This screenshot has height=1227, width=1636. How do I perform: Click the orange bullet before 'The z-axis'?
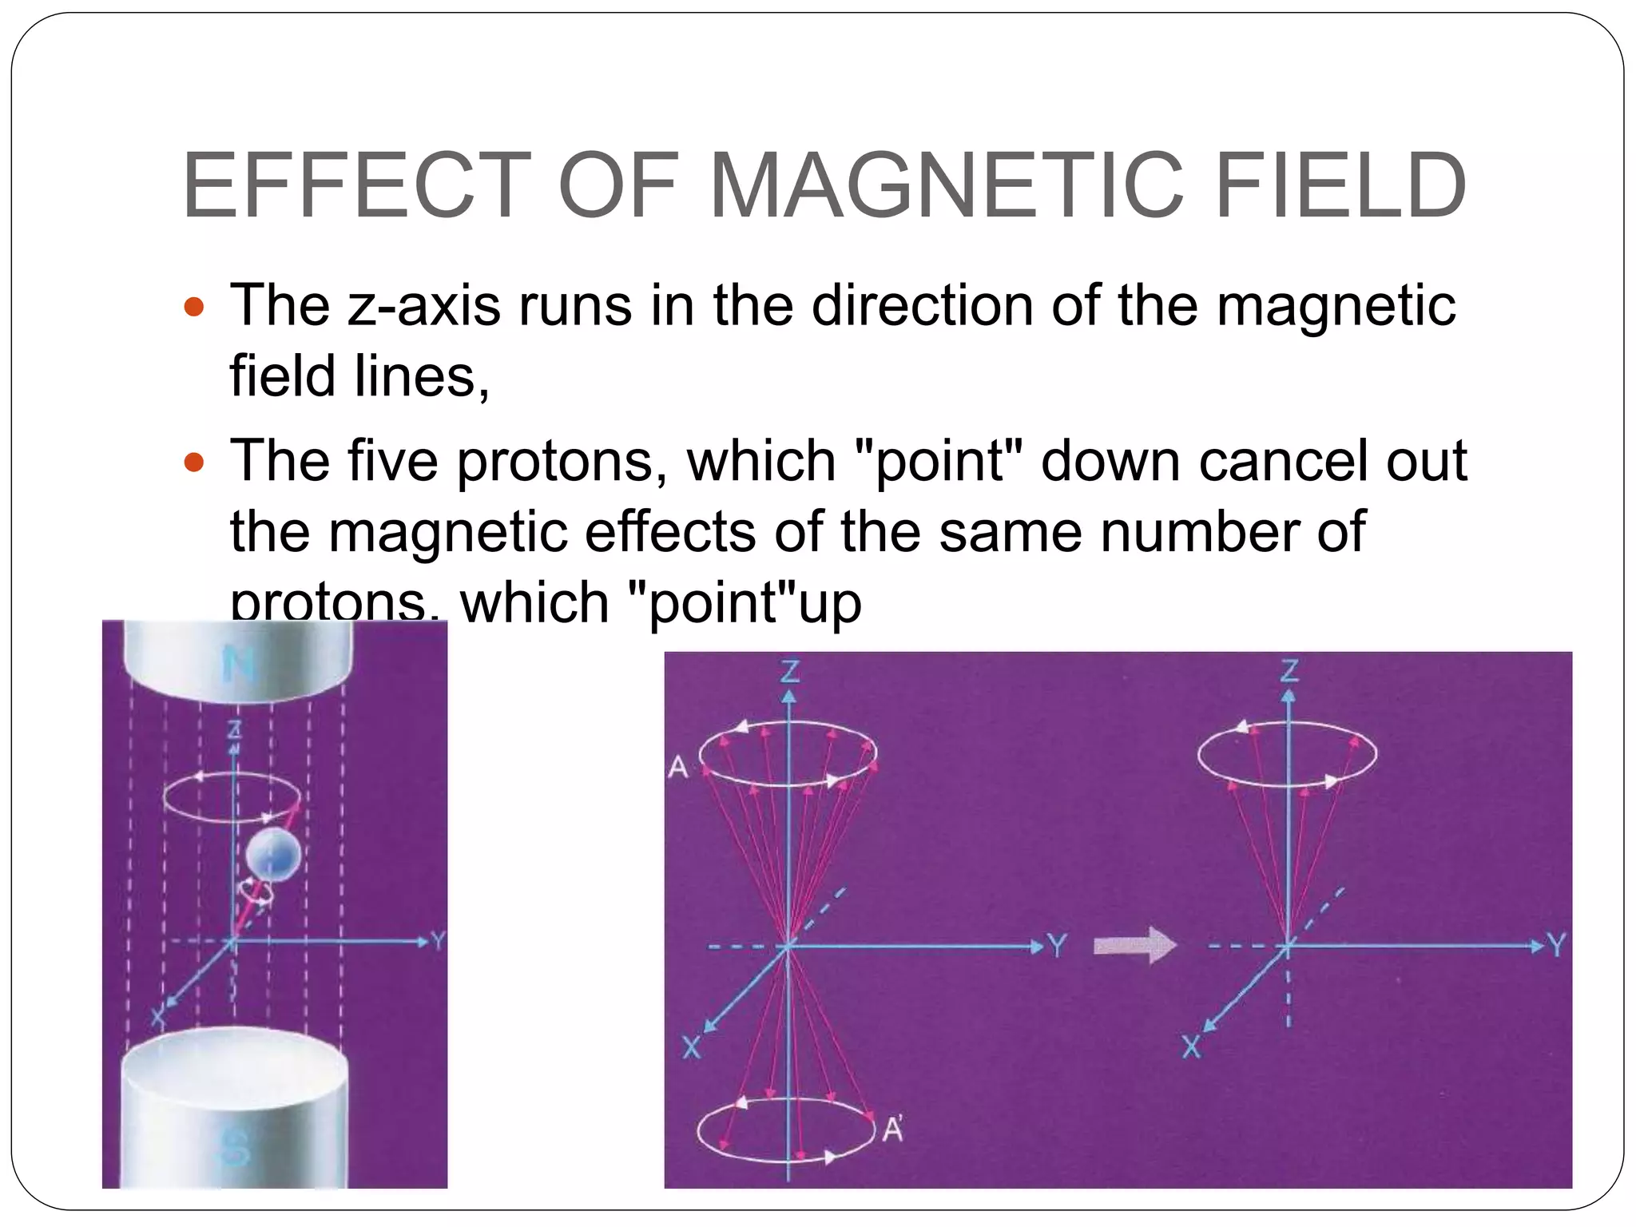(x=195, y=307)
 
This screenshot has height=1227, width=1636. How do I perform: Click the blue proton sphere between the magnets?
(x=273, y=856)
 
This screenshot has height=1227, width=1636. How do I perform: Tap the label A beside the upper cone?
(x=677, y=768)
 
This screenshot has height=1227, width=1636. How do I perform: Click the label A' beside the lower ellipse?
(x=893, y=1130)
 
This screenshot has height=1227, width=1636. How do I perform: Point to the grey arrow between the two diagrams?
(x=1135, y=946)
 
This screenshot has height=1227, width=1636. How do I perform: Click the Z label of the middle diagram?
(x=789, y=671)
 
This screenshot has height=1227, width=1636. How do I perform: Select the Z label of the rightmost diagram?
(x=1289, y=671)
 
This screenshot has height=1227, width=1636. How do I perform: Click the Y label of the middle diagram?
(x=1057, y=947)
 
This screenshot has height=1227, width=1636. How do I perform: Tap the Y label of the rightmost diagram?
(x=1557, y=946)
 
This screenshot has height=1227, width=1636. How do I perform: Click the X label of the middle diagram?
(x=691, y=1046)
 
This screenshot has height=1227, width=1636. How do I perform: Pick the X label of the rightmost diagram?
(x=1191, y=1046)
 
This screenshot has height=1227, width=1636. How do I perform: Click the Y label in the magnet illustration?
(x=438, y=941)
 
